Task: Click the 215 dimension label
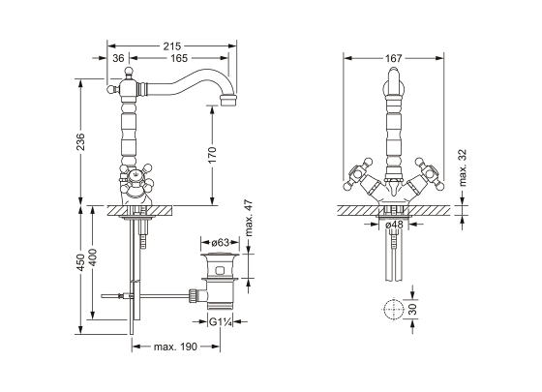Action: pyautogui.click(x=172, y=46)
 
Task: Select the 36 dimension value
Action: pyautogui.click(x=118, y=58)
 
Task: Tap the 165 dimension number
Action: pyautogui.click(x=179, y=58)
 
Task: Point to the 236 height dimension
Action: pyautogui.click(x=80, y=141)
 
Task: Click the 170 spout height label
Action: pyautogui.click(x=213, y=155)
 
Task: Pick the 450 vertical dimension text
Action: pyautogui.click(x=80, y=262)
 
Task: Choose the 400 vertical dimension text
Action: pyautogui.click(x=93, y=257)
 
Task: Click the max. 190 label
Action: pyautogui.click(x=175, y=347)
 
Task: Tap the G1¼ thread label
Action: pyautogui.click(x=220, y=321)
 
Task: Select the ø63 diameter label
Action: pyautogui.click(x=221, y=243)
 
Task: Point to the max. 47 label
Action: pyautogui.click(x=249, y=218)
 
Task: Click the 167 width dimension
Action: pyautogui.click(x=394, y=58)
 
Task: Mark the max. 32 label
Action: pyautogui.click(x=463, y=167)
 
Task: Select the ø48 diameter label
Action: pyautogui.click(x=394, y=225)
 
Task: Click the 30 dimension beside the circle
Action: pyautogui.click(x=413, y=309)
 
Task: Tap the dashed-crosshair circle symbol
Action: pyautogui.click(x=394, y=309)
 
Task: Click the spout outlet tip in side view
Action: pyautogui.click(x=228, y=101)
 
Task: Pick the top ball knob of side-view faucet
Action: pyautogui.click(x=129, y=72)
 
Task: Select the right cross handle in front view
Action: pyautogui.click(x=429, y=173)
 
